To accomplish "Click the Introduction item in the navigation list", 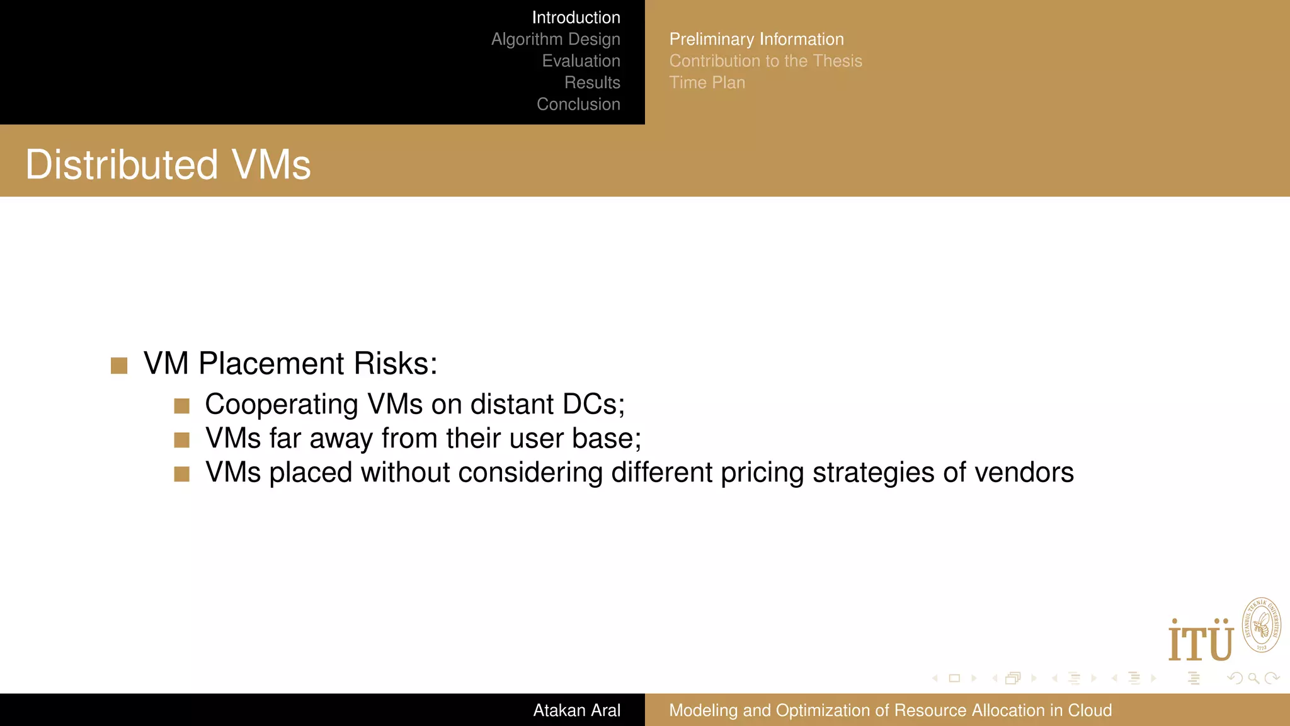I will (x=576, y=18).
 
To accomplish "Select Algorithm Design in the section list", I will (x=556, y=39).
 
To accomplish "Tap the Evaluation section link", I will (x=581, y=61).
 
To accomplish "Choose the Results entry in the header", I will (x=592, y=83).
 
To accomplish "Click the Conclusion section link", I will (x=578, y=105).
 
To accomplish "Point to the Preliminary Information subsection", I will (x=756, y=39).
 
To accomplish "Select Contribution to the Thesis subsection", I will (x=765, y=61).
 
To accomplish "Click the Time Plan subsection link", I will (x=707, y=83).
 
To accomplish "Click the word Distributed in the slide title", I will (x=122, y=165).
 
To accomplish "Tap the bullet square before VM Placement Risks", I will (x=119, y=366).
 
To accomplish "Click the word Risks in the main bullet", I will (x=395, y=364).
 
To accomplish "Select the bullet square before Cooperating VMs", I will (x=182, y=406).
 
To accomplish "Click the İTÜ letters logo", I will (x=1201, y=641).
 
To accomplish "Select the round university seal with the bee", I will (x=1261, y=625).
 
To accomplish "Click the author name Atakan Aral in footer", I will (x=576, y=710).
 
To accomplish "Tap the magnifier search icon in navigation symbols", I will (x=1253, y=678).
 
